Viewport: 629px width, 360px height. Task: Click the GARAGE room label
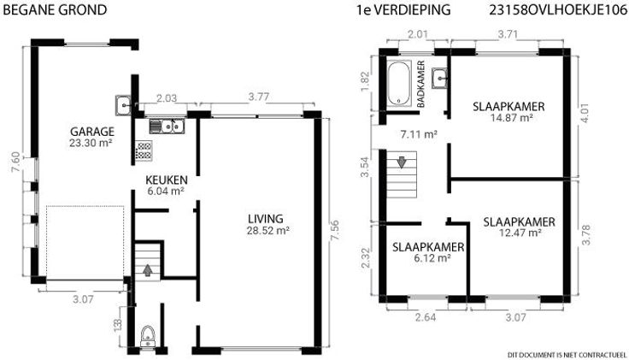click(92, 132)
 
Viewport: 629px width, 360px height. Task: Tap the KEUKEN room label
click(167, 180)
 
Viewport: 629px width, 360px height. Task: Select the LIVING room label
click(266, 219)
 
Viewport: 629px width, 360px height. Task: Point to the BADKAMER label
click(420, 84)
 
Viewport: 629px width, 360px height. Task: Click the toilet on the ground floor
click(148, 336)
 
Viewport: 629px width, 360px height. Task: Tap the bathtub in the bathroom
click(399, 84)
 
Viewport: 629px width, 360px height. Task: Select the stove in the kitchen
click(144, 150)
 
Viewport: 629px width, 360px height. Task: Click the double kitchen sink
click(167, 126)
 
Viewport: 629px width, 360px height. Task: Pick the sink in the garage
click(124, 105)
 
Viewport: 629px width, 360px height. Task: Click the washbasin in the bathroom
click(439, 79)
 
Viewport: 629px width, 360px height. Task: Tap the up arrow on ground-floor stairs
click(148, 270)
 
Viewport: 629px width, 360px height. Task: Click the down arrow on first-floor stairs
click(402, 162)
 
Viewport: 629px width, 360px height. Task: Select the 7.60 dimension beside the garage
click(16, 162)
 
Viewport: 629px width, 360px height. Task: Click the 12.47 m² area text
click(520, 233)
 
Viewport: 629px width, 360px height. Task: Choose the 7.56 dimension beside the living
click(334, 230)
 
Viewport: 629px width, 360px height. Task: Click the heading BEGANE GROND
click(55, 9)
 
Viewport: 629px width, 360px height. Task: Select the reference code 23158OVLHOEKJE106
click(558, 9)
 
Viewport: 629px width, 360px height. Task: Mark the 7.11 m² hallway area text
click(419, 134)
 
